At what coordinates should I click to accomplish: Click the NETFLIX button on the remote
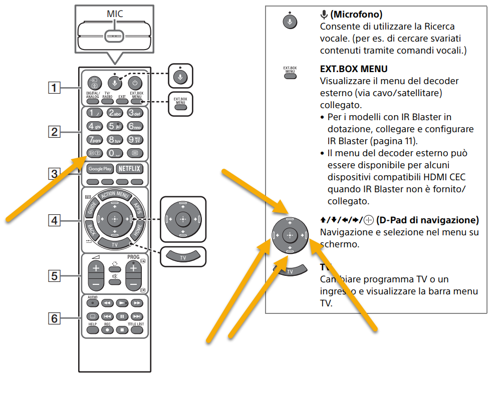129,169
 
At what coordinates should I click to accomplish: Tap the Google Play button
100,169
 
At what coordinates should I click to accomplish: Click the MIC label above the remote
114,14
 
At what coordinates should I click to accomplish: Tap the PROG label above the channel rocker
133,257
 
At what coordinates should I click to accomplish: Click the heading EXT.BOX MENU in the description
353,69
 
